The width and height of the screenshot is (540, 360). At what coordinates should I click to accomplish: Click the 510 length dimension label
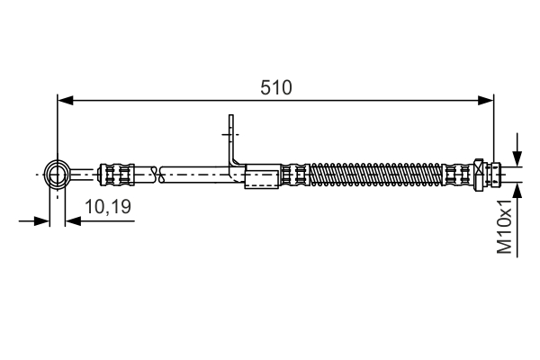click(276, 87)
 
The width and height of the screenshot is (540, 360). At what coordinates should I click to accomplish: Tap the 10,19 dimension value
click(108, 207)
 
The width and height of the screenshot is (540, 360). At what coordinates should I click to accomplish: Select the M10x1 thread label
click(505, 227)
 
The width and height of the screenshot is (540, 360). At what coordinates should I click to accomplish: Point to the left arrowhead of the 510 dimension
click(66, 100)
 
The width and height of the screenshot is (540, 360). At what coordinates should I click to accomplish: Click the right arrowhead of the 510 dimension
click(486, 100)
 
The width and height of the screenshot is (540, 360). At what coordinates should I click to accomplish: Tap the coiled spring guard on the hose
click(375, 175)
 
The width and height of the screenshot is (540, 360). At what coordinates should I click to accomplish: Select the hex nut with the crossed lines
click(479, 175)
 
